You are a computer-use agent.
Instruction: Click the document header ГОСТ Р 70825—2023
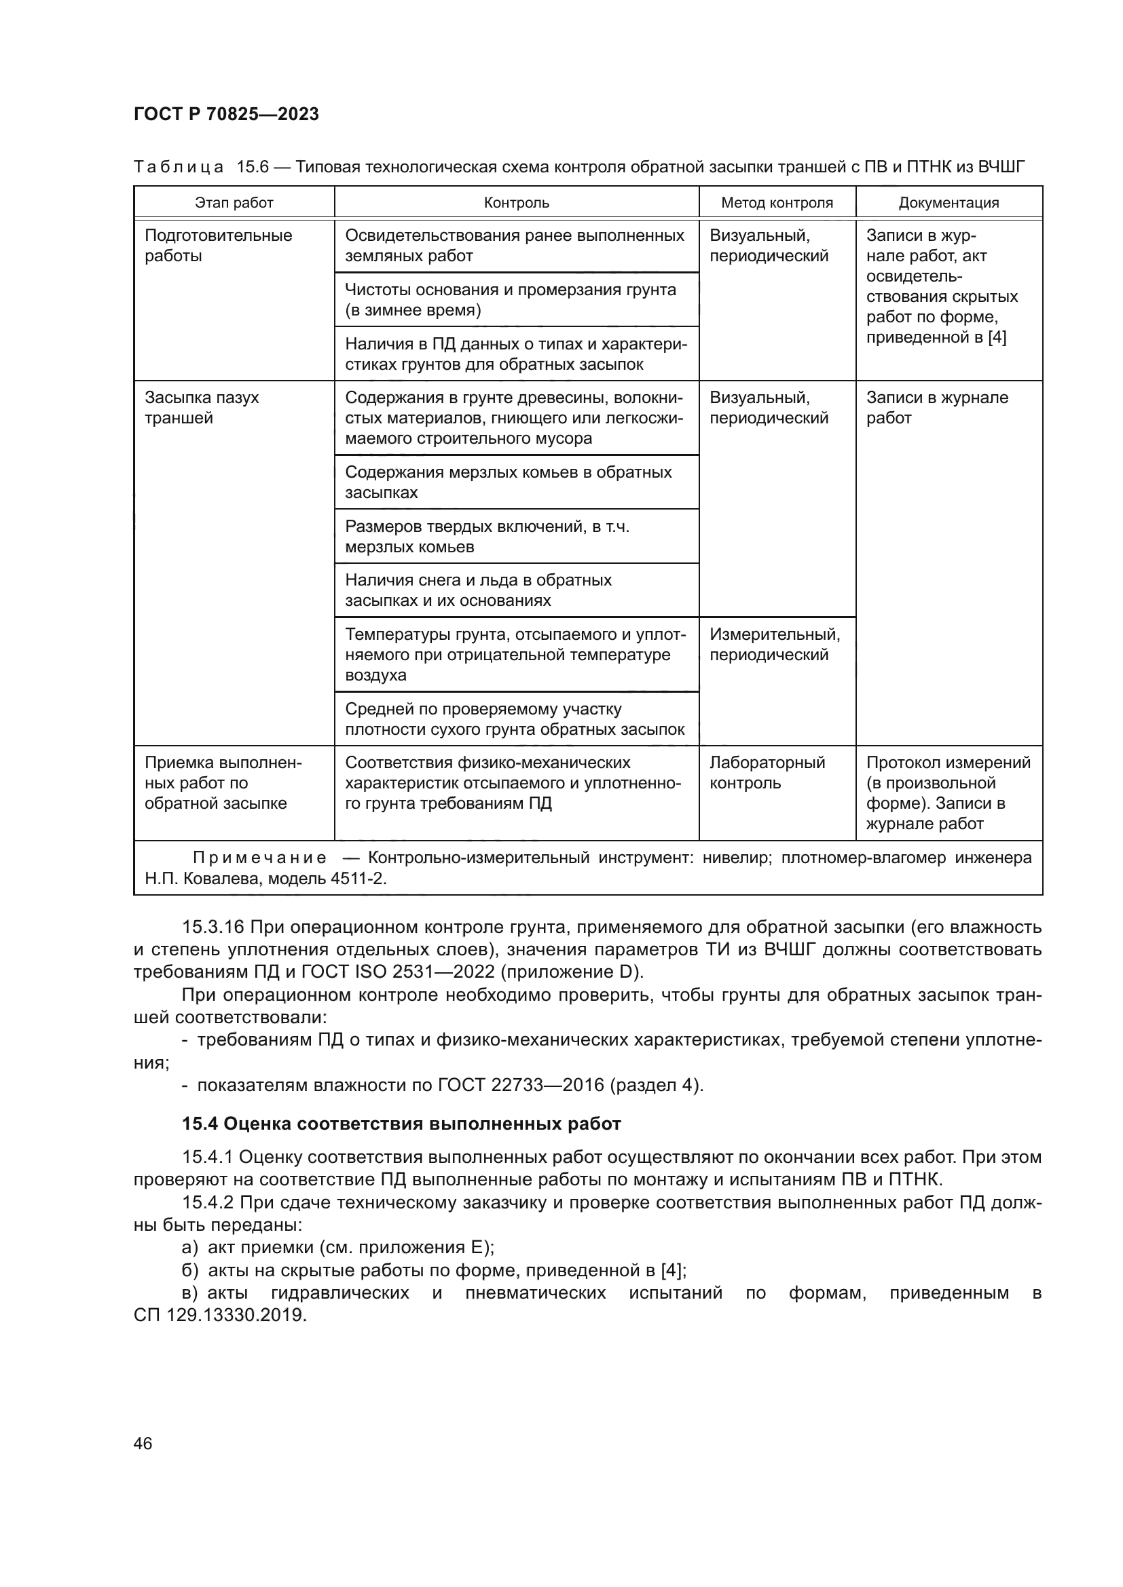point(226,114)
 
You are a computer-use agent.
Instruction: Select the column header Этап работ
point(234,202)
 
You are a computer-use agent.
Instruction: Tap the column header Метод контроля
point(777,202)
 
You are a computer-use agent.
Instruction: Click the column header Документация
point(948,202)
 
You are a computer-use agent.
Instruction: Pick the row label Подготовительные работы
point(218,246)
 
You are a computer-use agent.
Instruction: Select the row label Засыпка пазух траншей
point(201,408)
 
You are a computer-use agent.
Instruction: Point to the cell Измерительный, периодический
point(774,644)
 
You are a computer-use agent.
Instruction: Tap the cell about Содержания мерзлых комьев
point(509,482)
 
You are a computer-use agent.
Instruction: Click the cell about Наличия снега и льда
point(478,590)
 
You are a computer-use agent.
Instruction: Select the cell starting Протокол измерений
point(947,792)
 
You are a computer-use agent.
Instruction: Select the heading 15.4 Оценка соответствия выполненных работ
point(401,1124)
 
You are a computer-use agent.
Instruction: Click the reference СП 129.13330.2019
point(219,1316)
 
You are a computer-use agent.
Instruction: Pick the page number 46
point(143,1443)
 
